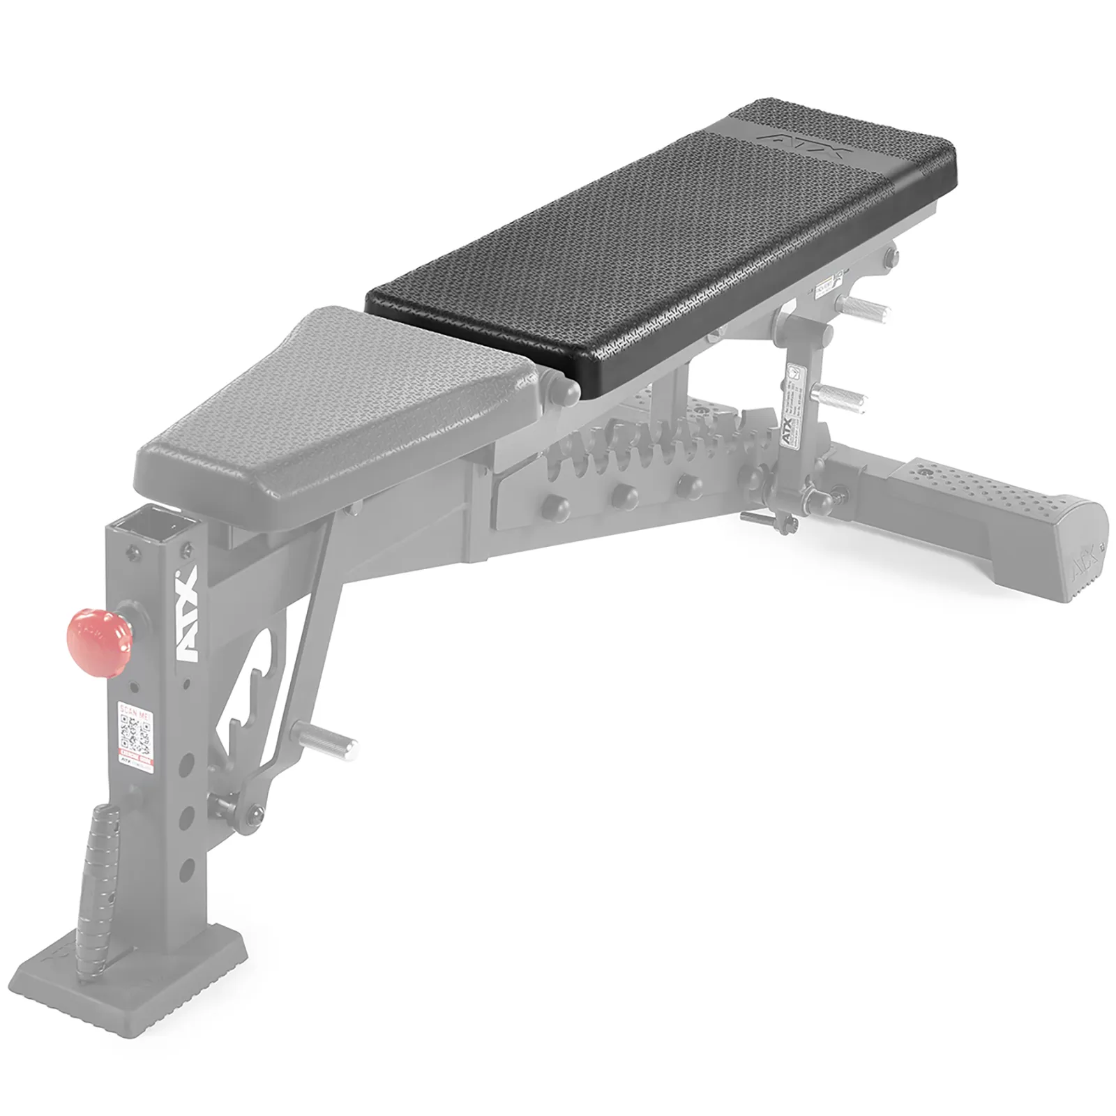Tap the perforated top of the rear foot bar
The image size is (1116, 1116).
click(x=976, y=481)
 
